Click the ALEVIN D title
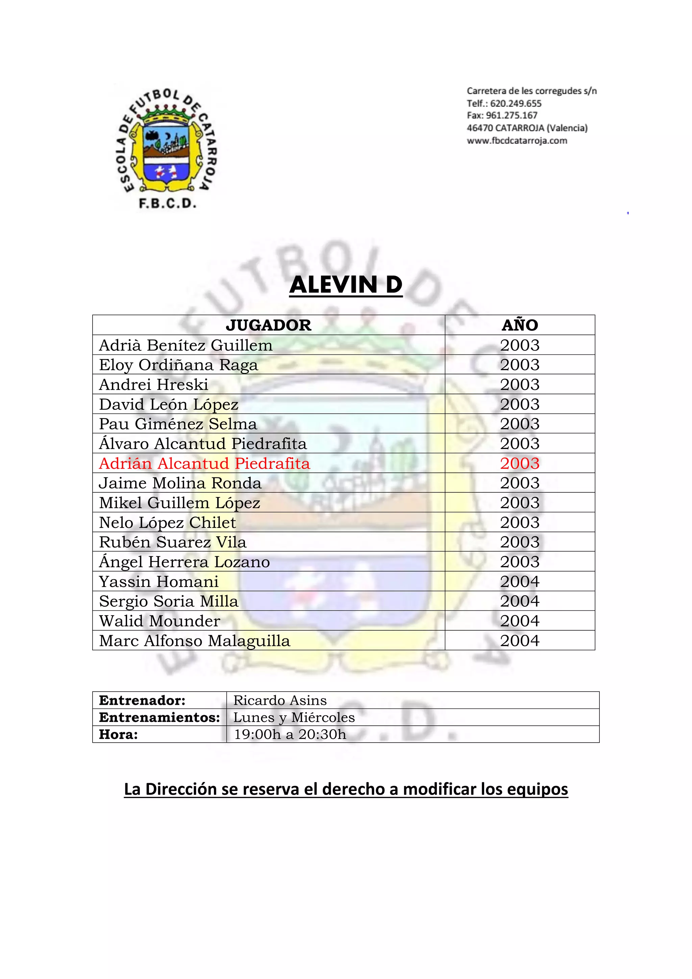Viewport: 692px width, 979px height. pyautogui.click(x=346, y=284)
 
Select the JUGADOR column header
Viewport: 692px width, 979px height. pyautogui.click(x=268, y=325)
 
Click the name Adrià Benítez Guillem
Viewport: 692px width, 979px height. pyautogui.click(x=186, y=345)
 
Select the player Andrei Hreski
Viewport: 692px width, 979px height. pyautogui.click(x=153, y=384)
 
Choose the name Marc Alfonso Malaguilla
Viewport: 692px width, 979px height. pyautogui.click(x=195, y=640)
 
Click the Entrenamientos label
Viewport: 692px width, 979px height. pyautogui.click(x=159, y=717)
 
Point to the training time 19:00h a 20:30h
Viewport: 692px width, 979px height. pyautogui.click(x=290, y=734)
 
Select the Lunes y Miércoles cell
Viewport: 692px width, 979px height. pyautogui.click(x=294, y=717)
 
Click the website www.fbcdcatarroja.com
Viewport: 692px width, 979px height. pyautogui.click(x=517, y=141)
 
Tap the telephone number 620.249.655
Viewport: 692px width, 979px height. pyautogui.click(x=516, y=103)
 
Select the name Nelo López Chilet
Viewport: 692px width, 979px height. pyautogui.click(x=168, y=522)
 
